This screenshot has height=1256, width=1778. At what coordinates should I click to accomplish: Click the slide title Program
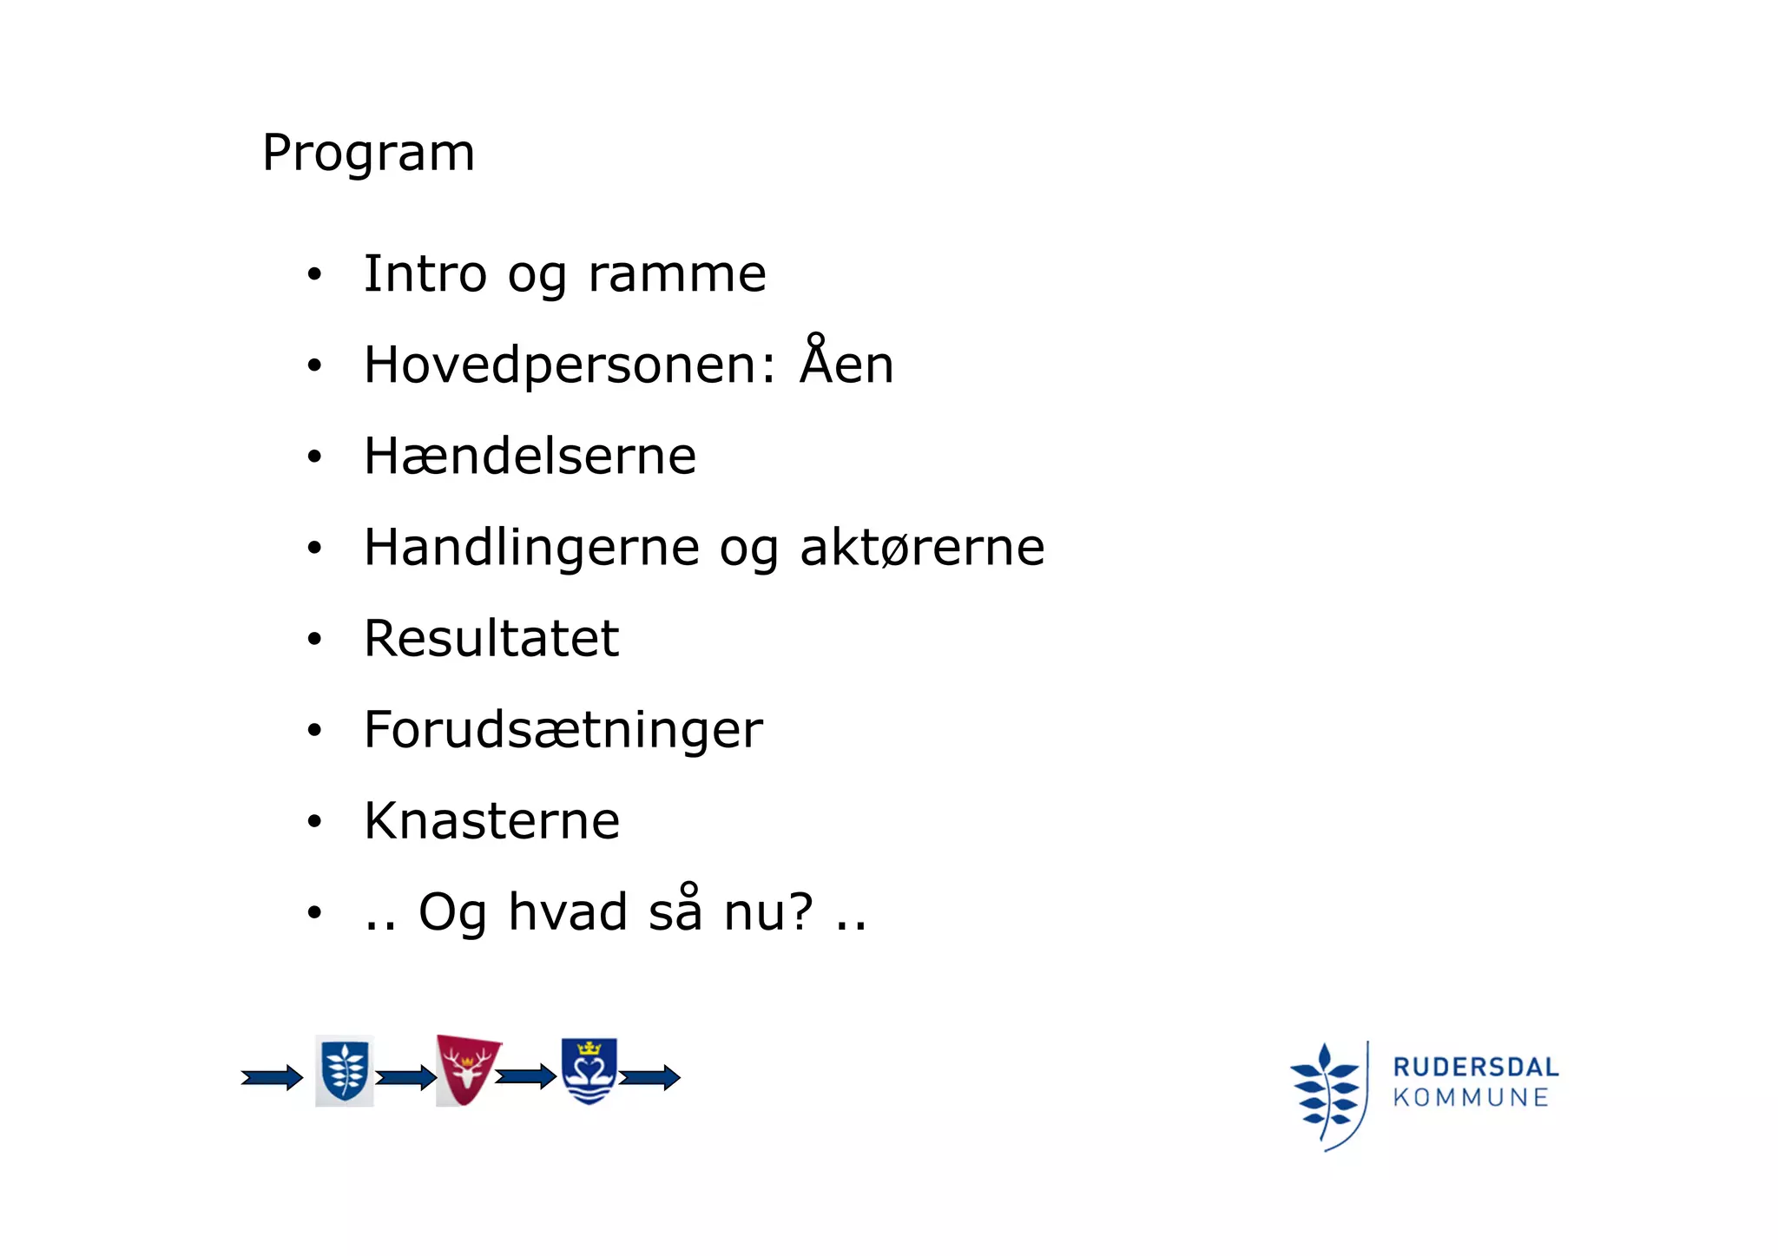pyautogui.click(x=368, y=154)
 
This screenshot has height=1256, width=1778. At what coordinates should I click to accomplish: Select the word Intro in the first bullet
pyautogui.click(x=425, y=273)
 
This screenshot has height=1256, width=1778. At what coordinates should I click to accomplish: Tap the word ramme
pyautogui.click(x=677, y=275)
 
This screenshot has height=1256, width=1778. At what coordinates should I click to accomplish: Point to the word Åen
pyautogui.click(x=846, y=363)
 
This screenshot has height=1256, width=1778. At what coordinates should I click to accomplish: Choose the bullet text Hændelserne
pyautogui.click(x=530, y=457)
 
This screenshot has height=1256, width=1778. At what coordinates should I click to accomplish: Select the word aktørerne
pyautogui.click(x=922, y=548)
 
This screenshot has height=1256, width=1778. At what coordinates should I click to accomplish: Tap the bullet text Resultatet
pyautogui.click(x=491, y=639)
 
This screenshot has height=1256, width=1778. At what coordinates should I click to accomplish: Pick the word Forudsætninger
pyautogui.click(x=563, y=730)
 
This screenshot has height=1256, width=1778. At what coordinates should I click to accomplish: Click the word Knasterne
pyautogui.click(x=492, y=821)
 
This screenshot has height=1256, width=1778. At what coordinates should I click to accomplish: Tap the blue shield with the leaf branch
pyautogui.click(x=345, y=1071)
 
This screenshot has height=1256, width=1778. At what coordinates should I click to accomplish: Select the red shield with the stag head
pyautogui.click(x=467, y=1069)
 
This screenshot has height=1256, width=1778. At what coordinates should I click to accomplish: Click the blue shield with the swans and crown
pyautogui.click(x=589, y=1071)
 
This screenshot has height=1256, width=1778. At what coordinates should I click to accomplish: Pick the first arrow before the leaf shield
pyautogui.click(x=272, y=1078)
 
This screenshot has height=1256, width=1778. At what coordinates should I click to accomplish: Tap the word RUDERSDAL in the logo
pyautogui.click(x=1475, y=1067)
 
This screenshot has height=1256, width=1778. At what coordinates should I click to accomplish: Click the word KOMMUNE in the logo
pyautogui.click(x=1471, y=1098)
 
